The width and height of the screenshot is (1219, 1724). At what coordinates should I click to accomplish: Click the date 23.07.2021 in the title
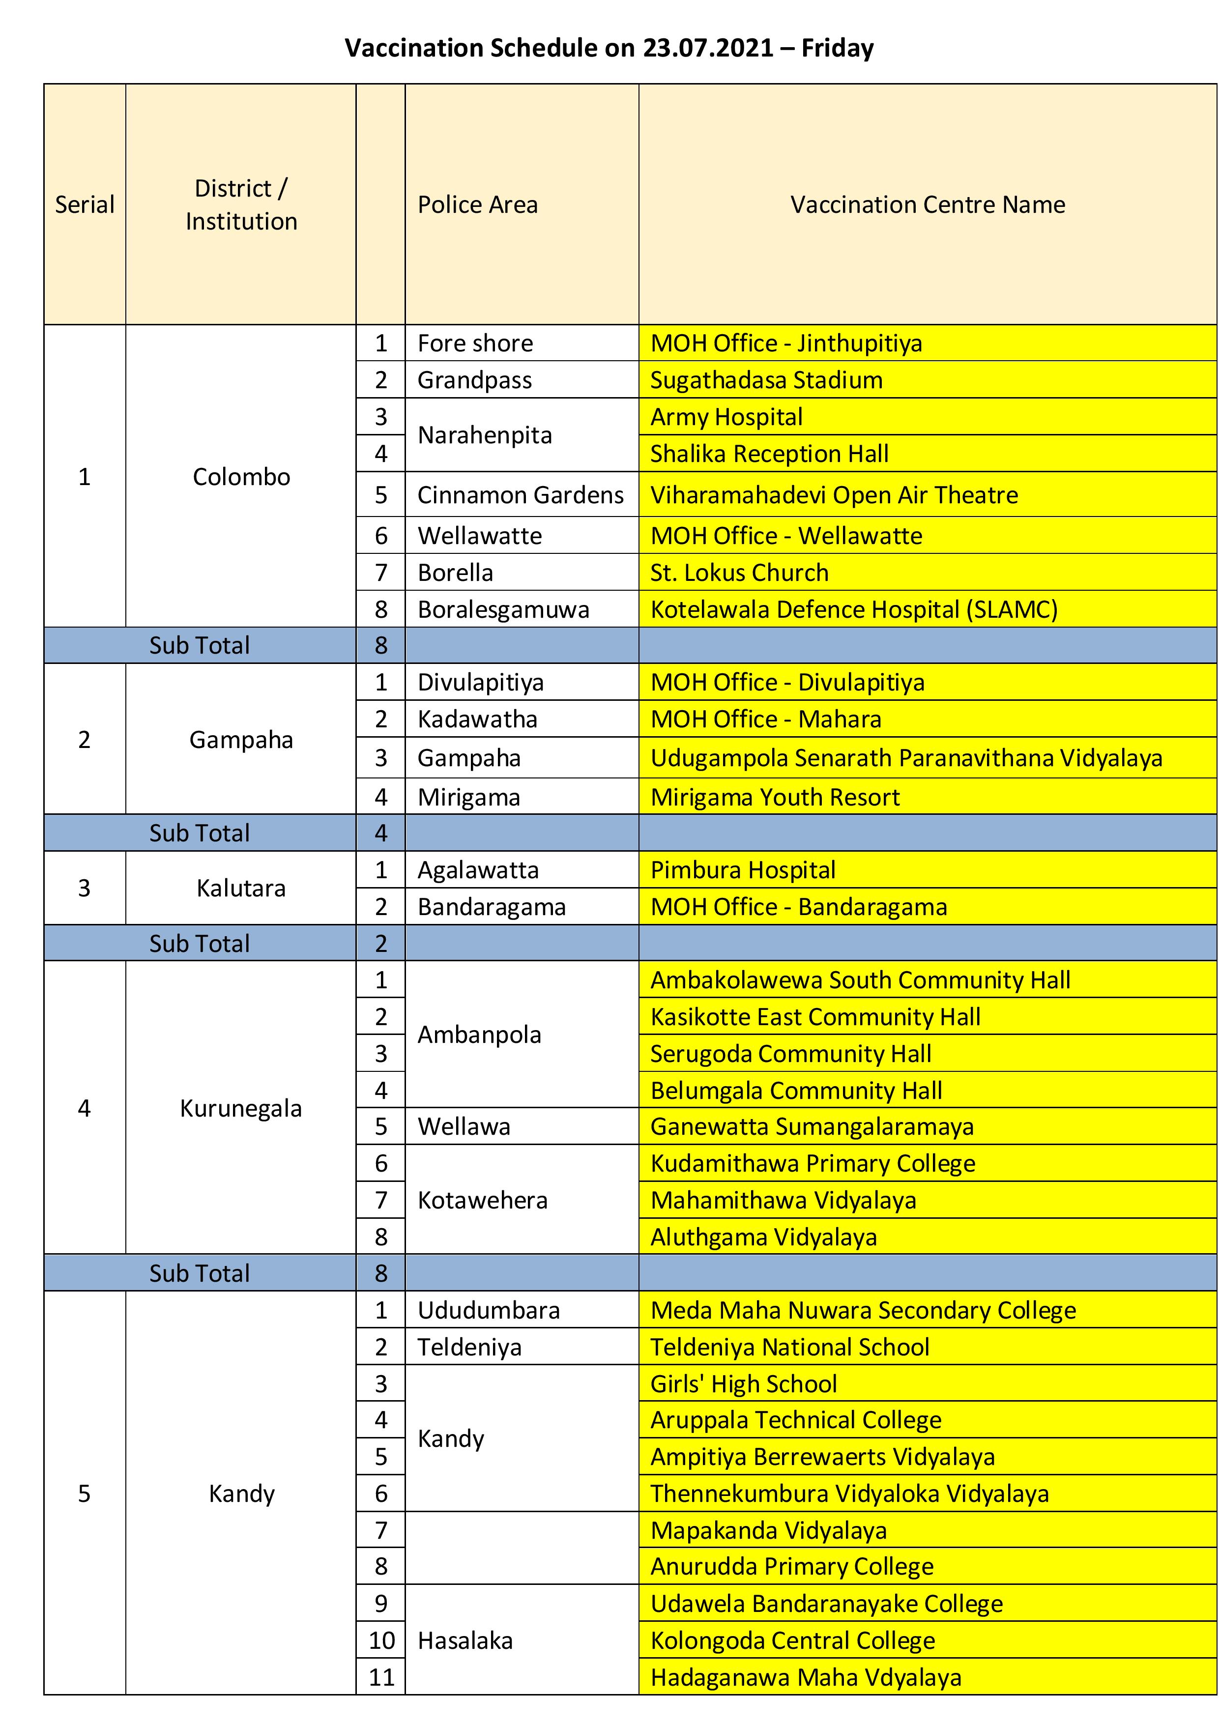(707, 48)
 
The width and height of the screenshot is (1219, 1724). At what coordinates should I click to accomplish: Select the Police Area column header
(478, 204)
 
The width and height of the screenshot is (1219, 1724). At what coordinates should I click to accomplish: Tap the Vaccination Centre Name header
(927, 204)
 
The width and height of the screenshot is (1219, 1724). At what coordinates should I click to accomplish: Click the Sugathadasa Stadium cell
(766, 380)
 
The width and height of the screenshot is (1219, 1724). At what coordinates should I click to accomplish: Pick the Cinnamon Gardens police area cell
(521, 495)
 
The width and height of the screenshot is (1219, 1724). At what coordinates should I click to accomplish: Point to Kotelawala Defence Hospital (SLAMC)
(854, 609)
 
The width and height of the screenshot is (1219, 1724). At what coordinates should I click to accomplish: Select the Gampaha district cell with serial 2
(240, 740)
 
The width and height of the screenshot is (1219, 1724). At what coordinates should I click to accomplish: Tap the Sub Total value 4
(381, 833)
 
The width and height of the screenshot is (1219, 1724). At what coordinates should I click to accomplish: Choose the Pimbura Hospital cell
(743, 869)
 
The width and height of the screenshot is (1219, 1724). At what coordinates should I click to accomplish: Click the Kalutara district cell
(240, 888)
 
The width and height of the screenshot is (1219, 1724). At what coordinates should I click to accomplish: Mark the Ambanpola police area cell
(479, 1034)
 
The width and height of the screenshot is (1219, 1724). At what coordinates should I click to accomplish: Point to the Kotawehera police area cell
(482, 1200)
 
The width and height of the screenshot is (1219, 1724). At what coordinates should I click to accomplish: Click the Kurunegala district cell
(240, 1108)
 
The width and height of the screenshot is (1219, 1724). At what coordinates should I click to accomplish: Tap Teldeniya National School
(789, 1347)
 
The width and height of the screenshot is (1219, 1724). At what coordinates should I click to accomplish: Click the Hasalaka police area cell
(465, 1640)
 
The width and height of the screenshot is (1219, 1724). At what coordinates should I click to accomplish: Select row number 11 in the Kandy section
(381, 1677)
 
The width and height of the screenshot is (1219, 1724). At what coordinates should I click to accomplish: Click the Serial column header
(84, 204)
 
